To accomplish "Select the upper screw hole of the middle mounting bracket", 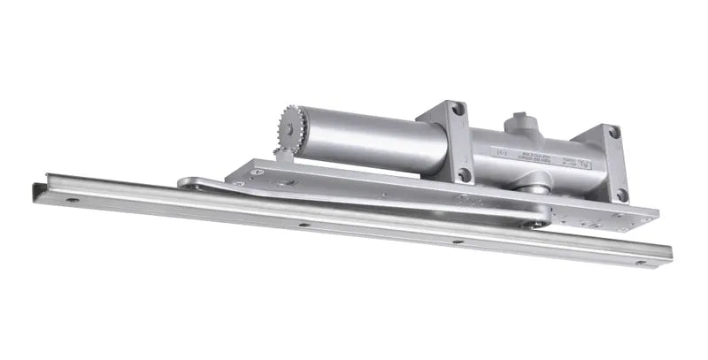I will [x=458, y=109].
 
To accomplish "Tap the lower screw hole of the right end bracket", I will [x=622, y=193].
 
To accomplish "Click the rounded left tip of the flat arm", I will [x=184, y=183].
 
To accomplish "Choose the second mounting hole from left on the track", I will [x=303, y=224].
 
